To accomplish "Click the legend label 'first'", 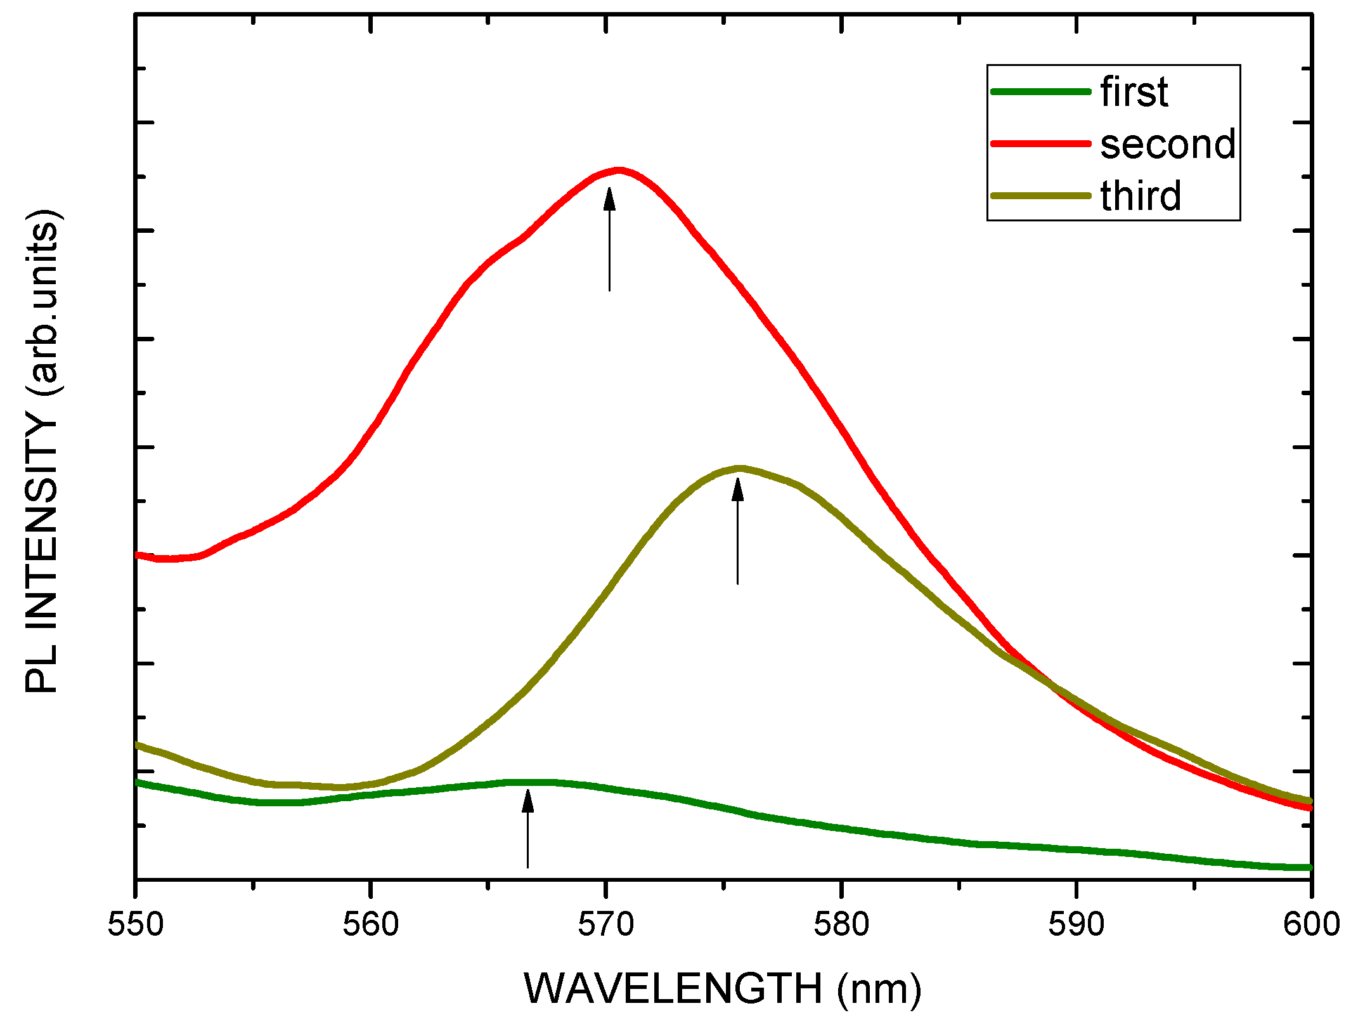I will click(1134, 92).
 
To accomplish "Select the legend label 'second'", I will click(1168, 144).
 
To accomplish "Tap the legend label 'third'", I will click(1141, 195).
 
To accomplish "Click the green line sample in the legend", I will click(1040, 92).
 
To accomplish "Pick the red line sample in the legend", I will click(1040, 144).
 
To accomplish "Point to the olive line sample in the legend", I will click(1040, 195).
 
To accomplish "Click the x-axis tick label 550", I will click(136, 924).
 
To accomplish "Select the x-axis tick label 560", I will click(371, 924).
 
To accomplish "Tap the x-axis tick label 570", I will click(606, 924).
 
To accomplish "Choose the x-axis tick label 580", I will click(841, 924).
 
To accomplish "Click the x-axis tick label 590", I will click(1076, 924).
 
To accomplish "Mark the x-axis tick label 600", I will click(1310, 924).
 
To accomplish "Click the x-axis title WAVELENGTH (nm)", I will click(723, 988).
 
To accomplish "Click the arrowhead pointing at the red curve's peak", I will click(609, 199).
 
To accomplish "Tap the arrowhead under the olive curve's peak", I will click(737, 490).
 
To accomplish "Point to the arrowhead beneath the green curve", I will click(527, 801).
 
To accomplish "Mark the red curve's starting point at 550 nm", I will click(138, 555).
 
